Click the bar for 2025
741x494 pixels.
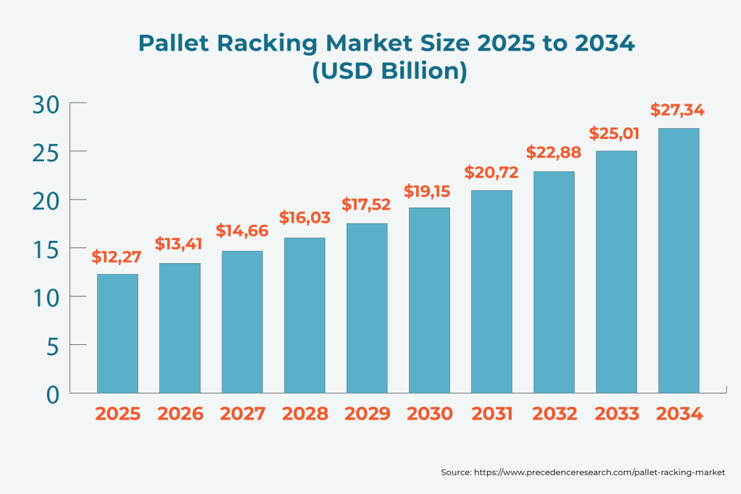(x=117, y=333)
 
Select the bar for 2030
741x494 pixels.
(x=429, y=300)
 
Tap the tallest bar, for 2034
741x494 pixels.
(x=679, y=260)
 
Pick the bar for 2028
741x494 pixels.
(x=305, y=315)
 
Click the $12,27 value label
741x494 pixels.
(x=117, y=256)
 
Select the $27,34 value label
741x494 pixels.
(x=678, y=110)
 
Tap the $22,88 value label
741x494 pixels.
(x=554, y=153)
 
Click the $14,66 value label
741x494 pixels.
(x=242, y=231)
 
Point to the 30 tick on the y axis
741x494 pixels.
(x=45, y=103)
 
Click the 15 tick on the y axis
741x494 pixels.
(x=45, y=248)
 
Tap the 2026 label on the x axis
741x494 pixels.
(x=180, y=414)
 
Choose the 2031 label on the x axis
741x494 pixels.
(x=492, y=414)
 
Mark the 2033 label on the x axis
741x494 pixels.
(x=617, y=414)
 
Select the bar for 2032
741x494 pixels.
(x=554, y=282)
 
